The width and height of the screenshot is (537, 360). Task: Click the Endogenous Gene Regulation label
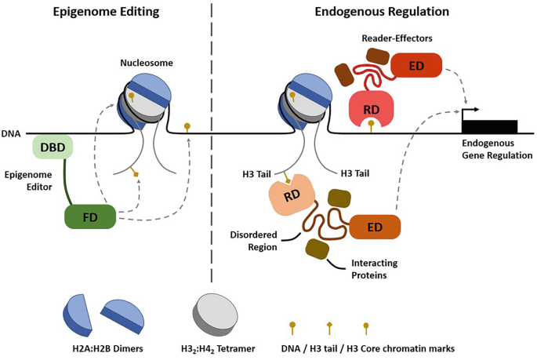click(x=496, y=149)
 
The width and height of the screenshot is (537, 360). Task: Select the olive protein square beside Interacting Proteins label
click(x=317, y=249)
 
